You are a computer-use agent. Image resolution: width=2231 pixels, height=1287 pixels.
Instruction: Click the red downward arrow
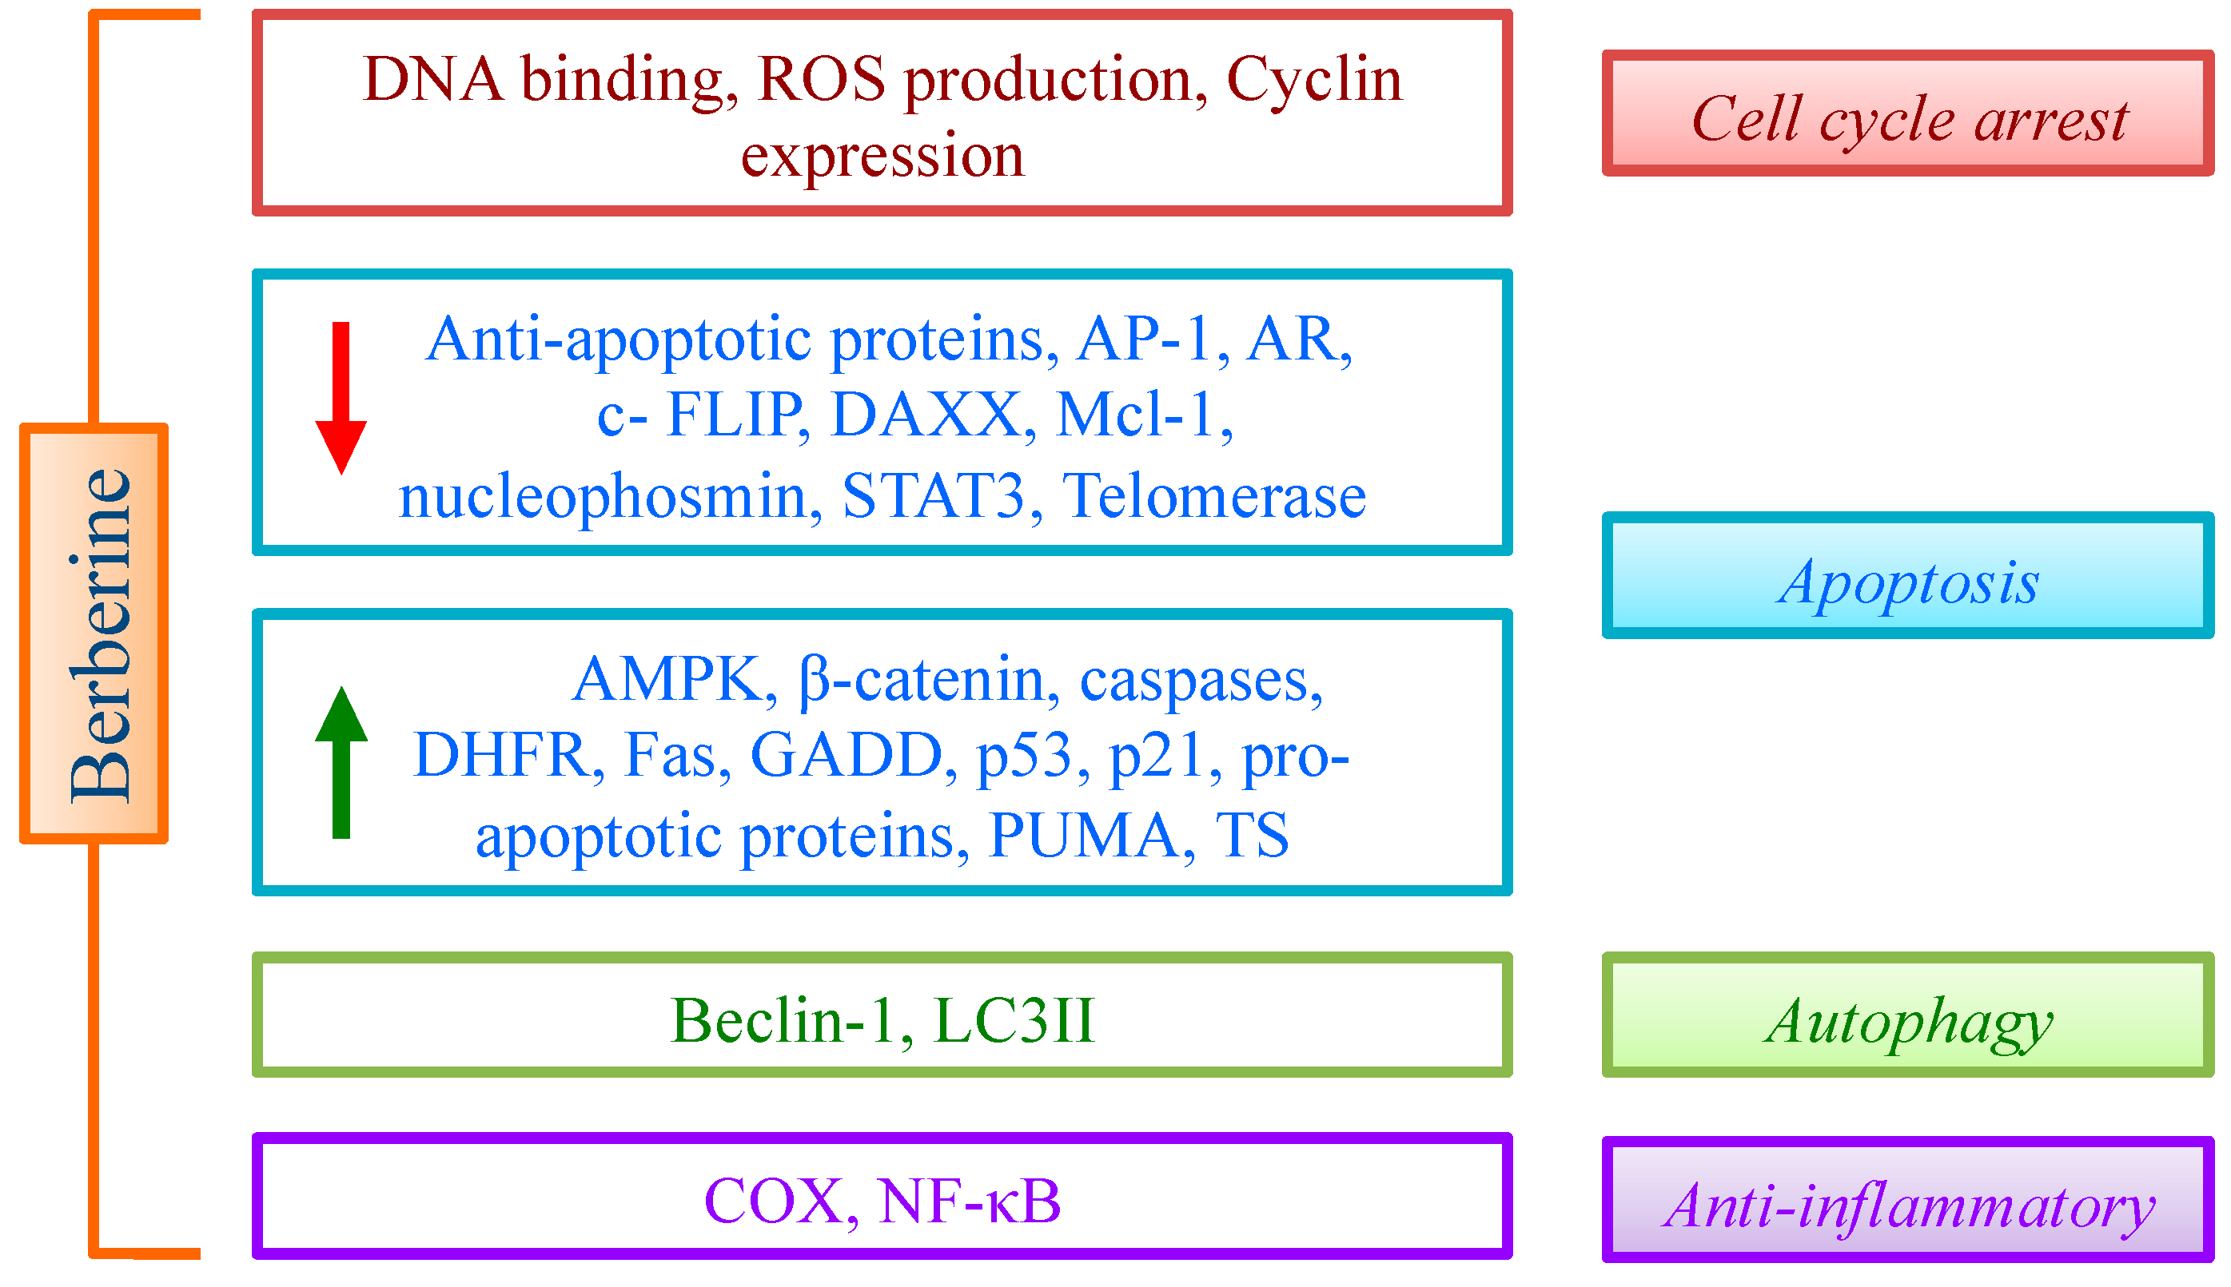[341, 398]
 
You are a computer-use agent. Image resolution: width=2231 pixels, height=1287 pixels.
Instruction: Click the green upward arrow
[341, 762]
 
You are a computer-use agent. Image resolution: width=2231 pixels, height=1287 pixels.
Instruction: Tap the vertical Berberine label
[100, 636]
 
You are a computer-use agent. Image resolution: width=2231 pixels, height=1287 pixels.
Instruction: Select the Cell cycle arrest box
[1908, 113]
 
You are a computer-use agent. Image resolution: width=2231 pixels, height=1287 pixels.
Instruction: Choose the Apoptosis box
[1908, 574]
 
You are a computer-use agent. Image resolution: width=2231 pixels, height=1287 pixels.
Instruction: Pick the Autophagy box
[1908, 1015]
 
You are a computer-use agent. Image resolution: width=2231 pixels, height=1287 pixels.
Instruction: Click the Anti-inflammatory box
[1908, 1199]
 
